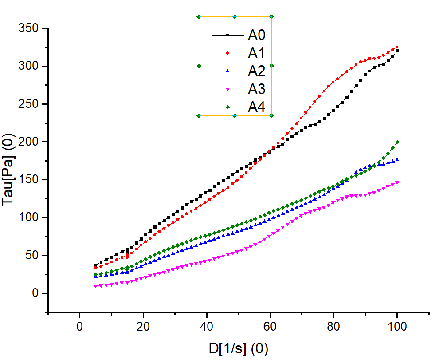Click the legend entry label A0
tap(256, 35)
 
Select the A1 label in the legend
tap(256, 53)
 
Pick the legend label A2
tap(256, 71)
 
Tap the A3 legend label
tap(256, 89)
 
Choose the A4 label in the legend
tap(256, 107)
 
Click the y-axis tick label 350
tap(29, 28)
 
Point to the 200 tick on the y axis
tap(29, 142)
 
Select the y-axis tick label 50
tap(32, 255)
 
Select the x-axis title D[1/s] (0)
tap(238, 348)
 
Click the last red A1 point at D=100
tap(397, 47)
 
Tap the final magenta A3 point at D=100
tap(397, 182)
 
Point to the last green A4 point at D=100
tap(397, 142)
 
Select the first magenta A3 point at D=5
tap(95, 286)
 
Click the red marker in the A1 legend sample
tap(228, 53)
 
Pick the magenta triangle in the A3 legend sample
tap(228, 89)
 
